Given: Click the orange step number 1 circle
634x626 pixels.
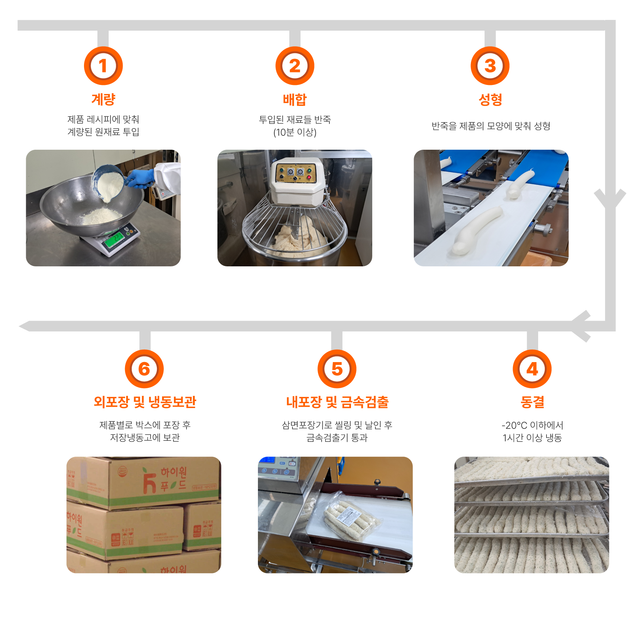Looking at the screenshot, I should [x=103, y=66].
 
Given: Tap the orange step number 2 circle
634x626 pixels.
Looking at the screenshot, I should [x=295, y=66].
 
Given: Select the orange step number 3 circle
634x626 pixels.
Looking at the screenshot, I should [x=490, y=66].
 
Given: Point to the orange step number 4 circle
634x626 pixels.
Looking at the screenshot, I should [x=532, y=369].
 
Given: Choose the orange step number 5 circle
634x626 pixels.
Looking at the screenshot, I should [x=337, y=369].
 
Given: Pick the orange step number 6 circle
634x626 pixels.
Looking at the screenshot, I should [x=144, y=369].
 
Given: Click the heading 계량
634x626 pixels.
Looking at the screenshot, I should [x=103, y=100].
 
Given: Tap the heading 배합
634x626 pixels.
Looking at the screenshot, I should [x=295, y=100].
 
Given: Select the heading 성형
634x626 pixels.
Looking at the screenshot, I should [x=490, y=100].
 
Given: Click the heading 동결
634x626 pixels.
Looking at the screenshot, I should [x=532, y=402].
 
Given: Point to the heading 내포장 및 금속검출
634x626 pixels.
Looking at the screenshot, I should [x=337, y=402].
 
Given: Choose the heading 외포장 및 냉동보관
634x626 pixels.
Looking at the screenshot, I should [x=145, y=402].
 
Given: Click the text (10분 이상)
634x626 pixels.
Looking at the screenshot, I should [x=295, y=132].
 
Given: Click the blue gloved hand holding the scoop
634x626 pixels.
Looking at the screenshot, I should [x=139, y=178].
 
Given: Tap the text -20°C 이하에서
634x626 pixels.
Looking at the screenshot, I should [x=532, y=425].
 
